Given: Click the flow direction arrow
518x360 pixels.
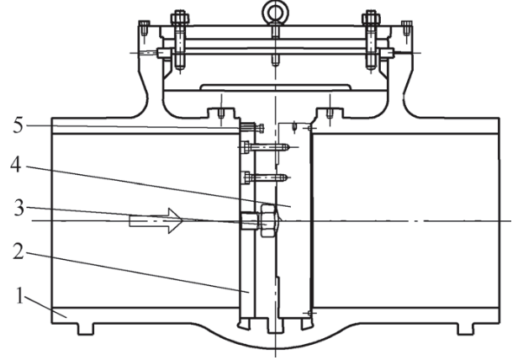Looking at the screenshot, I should coord(156,222).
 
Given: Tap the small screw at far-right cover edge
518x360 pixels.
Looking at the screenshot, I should coord(410,32).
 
